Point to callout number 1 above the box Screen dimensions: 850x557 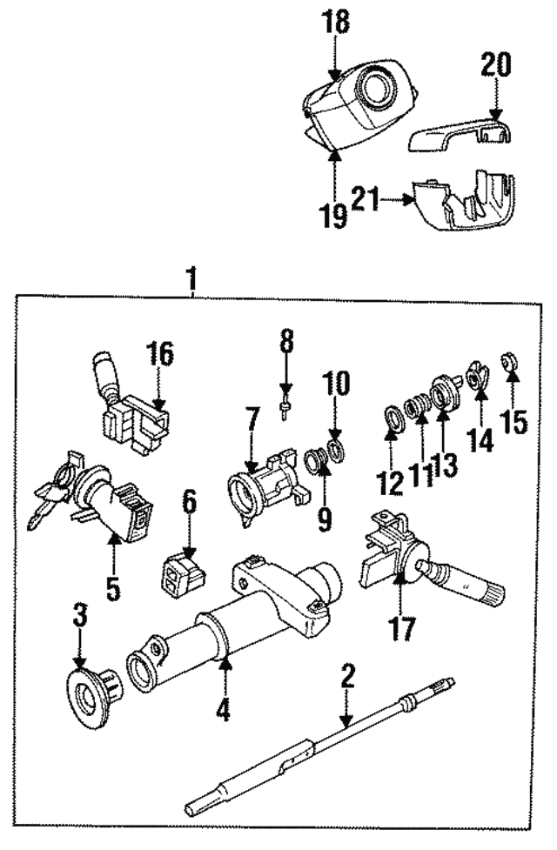pos(192,279)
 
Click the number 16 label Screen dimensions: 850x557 pos(160,355)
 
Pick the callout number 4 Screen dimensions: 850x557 pos(224,712)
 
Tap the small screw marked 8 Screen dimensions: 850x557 pos(286,406)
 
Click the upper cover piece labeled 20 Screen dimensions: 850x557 pos(461,130)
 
